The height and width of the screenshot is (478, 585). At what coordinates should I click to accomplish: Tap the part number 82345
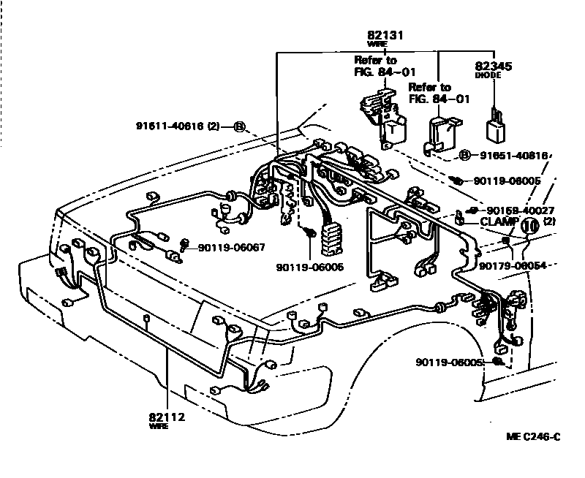click(494, 66)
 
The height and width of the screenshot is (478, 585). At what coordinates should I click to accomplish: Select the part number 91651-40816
click(513, 155)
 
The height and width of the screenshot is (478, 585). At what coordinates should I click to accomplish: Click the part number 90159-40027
click(520, 209)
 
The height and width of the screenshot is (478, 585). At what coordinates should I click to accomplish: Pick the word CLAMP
click(498, 221)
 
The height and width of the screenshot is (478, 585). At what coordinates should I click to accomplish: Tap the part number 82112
click(167, 417)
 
